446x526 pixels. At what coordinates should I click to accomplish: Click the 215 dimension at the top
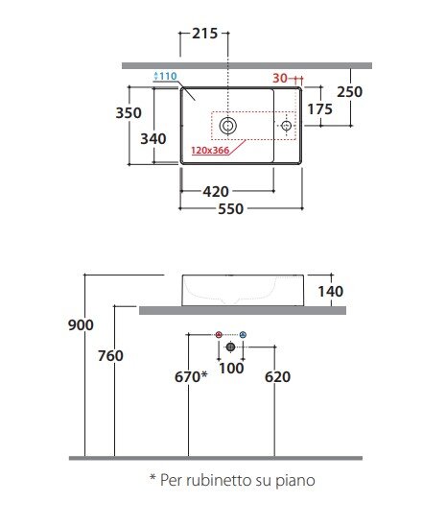[204, 34]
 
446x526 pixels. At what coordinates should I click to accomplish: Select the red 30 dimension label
[280, 79]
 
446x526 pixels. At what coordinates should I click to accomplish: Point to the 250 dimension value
[349, 92]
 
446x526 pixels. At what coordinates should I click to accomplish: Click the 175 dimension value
[319, 109]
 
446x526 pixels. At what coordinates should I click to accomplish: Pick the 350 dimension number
[129, 113]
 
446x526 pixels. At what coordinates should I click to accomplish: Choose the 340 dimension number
[153, 139]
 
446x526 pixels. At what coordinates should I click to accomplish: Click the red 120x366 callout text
[210, 151]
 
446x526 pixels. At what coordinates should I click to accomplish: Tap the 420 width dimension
[216, 192]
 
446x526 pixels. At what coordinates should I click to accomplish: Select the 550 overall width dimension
[231, 209]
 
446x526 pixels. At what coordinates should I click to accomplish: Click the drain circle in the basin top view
[228, 126]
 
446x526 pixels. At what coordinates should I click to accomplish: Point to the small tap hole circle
[286, 126]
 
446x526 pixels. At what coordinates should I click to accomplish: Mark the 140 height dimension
[331, 292]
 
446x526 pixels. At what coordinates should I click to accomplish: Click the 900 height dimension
[81, 325]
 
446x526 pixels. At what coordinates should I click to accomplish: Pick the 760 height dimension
[110, 356]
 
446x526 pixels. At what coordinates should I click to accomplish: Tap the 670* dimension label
[191, 376]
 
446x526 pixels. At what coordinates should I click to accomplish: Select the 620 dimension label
[277, 377]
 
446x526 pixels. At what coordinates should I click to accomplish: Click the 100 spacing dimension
[231, 369]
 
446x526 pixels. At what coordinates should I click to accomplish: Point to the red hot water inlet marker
[219, 334]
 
